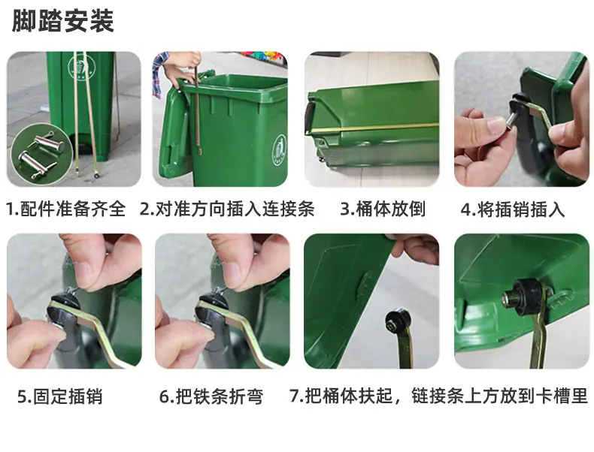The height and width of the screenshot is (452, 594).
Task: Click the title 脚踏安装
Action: (x=63, y=21)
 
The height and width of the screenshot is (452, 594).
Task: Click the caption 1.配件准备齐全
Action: (x=66, y=209)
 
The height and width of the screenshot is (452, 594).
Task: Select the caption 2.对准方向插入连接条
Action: (x=227, y=209)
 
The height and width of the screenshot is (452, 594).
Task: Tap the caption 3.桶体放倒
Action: (x=383, y=209)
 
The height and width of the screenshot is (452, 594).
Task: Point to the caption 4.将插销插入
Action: (x=513, y=209)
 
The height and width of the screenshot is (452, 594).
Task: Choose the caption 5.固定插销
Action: (x=60, y=396)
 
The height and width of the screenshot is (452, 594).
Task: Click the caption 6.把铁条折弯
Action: (x=211, y=396)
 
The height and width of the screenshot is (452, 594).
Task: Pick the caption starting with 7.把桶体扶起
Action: (x=438, y=396)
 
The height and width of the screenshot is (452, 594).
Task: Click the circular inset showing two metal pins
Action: (x=41, y=154)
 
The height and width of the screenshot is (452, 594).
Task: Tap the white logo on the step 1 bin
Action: (x=80, y=67)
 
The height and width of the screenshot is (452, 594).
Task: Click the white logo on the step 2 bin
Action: (x=280, y=150)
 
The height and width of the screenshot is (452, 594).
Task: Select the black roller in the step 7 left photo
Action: (x=397, y=321)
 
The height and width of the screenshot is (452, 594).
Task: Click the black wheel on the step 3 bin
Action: (x=309, y=117)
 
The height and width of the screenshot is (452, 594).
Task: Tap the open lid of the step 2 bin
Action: (x=175, y=132)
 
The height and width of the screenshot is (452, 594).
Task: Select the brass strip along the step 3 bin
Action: (x=373, y=128)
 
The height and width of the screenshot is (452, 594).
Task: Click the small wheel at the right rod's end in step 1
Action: (x=96, y=176)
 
